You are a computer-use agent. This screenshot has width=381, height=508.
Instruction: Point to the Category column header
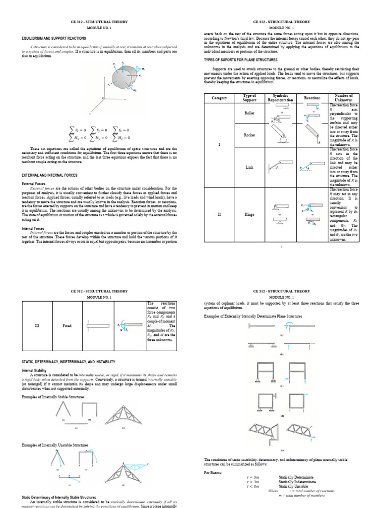[x=219, y=98]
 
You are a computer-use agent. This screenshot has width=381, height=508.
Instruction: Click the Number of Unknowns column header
[x=343, y=98]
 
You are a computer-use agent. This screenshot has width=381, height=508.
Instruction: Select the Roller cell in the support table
[x=250, y=113]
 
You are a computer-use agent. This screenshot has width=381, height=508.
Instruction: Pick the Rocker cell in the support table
[x=250, y=134]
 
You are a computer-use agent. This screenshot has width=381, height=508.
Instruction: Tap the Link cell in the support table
[x=250, y=167]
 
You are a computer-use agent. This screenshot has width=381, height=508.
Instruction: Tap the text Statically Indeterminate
[x=300, y=481]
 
